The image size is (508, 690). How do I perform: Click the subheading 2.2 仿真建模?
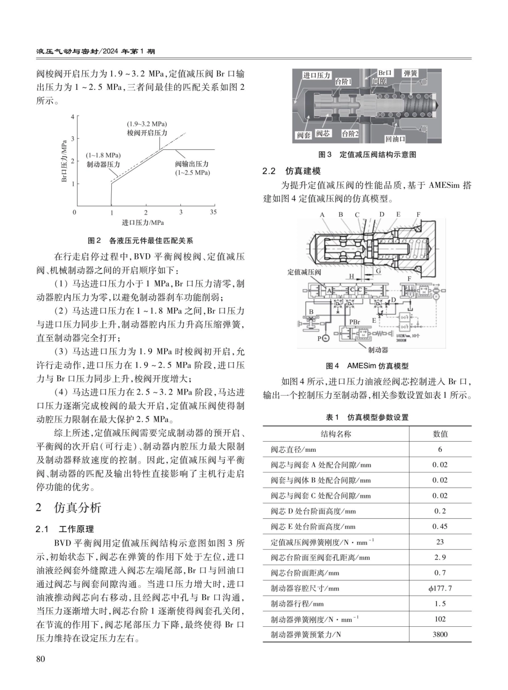[x=291, y=171]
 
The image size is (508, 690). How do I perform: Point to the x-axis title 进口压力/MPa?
[x=143, y=222]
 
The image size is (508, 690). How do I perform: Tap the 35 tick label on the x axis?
[x=213, y=213]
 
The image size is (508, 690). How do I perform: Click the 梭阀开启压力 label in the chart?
[x=147, y=133]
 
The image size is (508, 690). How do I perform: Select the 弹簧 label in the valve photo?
[x=411, y=73]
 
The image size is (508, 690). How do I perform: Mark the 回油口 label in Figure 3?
[x=395, y=139]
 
